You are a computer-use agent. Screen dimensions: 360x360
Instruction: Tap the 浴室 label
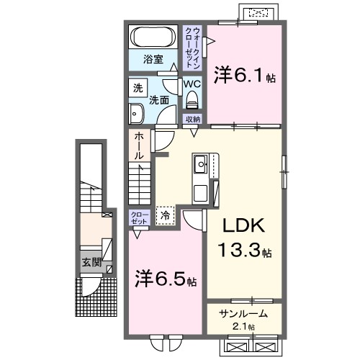153,58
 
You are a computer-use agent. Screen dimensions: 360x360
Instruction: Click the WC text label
191,84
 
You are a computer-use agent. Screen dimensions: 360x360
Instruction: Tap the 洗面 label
159,100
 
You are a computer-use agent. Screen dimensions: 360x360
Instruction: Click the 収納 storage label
192,120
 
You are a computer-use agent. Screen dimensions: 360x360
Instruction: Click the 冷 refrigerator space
166,215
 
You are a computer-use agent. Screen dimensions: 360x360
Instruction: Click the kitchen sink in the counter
199,166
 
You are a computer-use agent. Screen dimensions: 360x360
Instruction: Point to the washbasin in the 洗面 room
136,112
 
